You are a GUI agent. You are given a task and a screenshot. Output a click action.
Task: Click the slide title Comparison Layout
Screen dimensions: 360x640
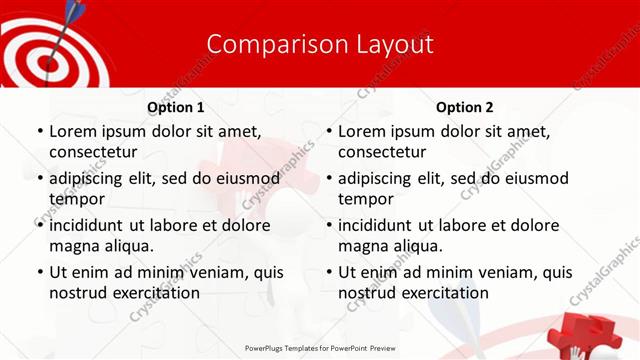tap(320, 45)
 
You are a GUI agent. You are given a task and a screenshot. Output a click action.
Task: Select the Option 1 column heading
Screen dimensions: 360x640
tap(175, 107)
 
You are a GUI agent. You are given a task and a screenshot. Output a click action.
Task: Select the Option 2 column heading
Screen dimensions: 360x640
tap(464, 107)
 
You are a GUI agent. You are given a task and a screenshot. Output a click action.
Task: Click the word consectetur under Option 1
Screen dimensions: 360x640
tap(92, 152)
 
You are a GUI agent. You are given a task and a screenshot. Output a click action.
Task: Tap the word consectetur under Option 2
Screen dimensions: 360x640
tap(381, 152)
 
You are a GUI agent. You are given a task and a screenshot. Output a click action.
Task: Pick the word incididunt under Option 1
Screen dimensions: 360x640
tap(95, 225)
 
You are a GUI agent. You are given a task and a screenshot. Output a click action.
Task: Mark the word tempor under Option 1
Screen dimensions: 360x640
tap(73, 199)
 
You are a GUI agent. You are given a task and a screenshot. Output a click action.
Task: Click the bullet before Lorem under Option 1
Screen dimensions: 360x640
tap(39, 132)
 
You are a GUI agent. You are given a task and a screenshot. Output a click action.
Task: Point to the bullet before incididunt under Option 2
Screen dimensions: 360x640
tap(328, 226)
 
